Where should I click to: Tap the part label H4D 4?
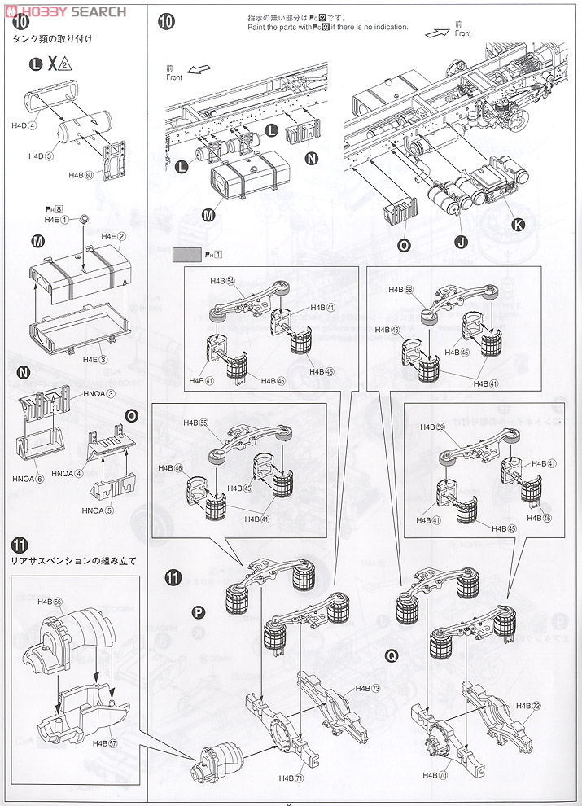[x=24, y=125]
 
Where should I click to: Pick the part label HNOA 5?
[x=98, y=510]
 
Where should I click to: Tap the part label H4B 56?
[x=50, y=601]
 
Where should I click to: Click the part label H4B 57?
[x=106, y=742]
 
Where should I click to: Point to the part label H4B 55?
[x=196, y=423]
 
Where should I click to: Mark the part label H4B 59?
[x=432, y=427]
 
